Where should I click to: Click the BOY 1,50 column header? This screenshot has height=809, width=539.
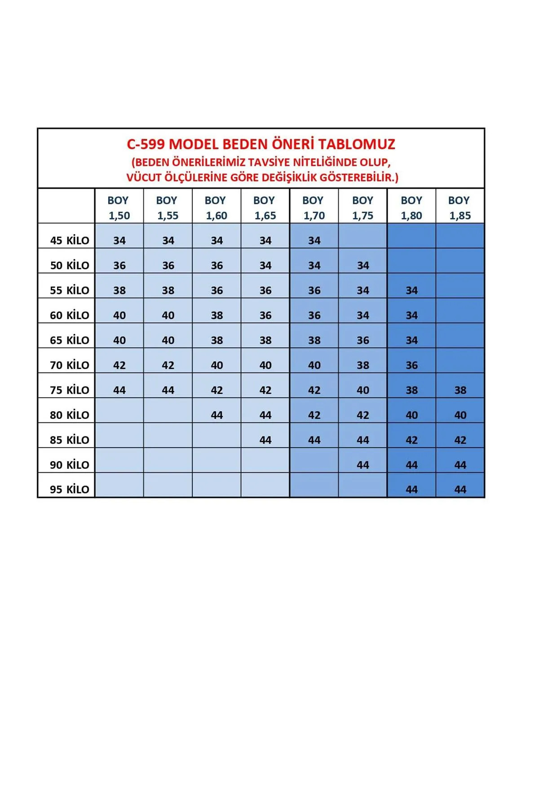tap(119, 208)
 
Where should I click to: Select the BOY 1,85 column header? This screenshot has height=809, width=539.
tap(459, 208)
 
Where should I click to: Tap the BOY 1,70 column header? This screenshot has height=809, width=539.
tap(314, 208)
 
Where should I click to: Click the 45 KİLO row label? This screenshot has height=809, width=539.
tap(70, 240)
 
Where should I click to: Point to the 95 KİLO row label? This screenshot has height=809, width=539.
tap(70, 489)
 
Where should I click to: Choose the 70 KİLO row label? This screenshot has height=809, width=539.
tap(70, 365)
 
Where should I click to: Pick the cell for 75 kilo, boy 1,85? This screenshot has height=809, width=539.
tap(460, 390)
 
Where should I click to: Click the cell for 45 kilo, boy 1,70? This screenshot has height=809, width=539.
tap(314, 240)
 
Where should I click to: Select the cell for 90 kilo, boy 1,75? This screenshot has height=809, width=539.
tap(362, 465)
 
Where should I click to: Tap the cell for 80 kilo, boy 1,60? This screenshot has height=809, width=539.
tap(216, 415)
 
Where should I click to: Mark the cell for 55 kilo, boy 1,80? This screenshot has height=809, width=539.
tap(411, 290)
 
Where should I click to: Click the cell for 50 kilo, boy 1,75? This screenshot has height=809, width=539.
tap(362, 266)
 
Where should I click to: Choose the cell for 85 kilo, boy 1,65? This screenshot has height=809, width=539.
tap(265, 440)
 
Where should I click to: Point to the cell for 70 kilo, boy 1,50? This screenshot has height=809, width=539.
tap(119, 365)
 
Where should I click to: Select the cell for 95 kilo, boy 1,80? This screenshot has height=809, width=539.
tap(411, 489)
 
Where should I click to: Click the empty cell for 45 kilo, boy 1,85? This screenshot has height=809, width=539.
tap(460, 236)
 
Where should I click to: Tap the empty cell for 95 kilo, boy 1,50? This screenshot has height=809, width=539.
tap(119, 485)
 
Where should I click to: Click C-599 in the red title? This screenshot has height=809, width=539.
tap(146, 144)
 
